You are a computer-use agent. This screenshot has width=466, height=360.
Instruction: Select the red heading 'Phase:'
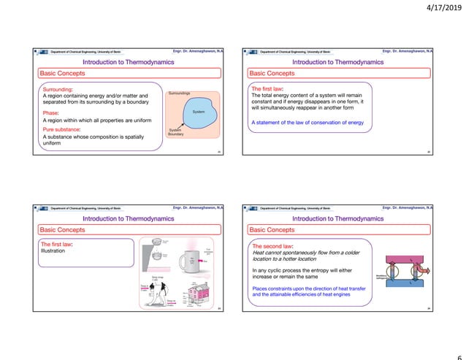pos(50,113)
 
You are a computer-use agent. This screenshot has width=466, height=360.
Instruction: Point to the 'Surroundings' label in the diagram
pos(179,94)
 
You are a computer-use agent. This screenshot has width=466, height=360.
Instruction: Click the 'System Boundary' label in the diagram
pos(176,132)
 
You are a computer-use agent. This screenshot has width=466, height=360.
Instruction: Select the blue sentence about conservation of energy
pos(307,122)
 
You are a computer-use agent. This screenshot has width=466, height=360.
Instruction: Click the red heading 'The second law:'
pos(272,246)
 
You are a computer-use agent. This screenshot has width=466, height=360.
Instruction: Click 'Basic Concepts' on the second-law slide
pos(272,229)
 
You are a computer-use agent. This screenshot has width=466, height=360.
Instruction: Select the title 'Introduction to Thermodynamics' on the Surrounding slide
pos(129,62)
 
